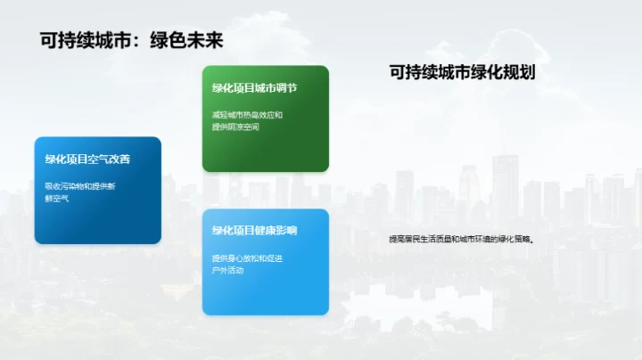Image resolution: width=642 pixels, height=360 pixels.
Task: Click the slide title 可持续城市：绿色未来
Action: (131, 41)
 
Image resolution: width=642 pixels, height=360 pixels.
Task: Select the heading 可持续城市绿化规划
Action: (462, 73)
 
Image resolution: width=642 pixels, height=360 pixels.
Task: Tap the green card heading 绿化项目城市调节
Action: (254, 88)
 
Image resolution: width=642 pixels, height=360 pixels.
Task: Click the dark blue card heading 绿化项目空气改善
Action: (88, 160)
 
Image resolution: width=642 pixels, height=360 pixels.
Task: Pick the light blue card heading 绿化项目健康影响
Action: (254, 230)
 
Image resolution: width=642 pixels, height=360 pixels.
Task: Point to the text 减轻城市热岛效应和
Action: (247, 115)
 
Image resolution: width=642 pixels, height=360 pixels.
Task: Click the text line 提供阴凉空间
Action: (235, 127)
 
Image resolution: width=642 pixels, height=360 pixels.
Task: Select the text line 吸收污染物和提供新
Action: (80, 186)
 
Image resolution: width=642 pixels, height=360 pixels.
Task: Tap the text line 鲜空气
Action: (56, 199)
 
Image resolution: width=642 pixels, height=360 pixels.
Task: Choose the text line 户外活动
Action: (227, 270)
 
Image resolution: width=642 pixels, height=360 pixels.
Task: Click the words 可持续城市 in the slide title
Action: (83, 41)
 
